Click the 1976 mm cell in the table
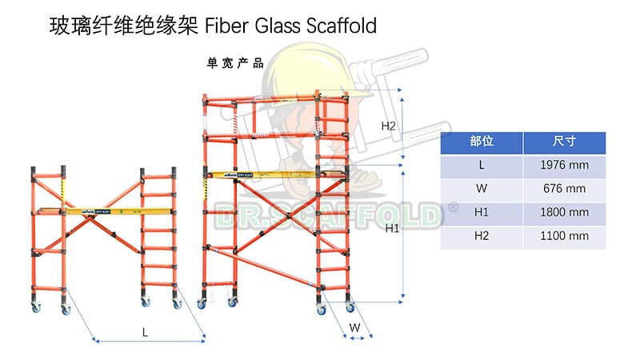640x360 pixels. [x=564, y=165]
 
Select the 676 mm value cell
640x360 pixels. [x=564, y=189]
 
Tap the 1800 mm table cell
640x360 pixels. [x=564, y=212]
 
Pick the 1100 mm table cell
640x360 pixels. [x=564, y=236]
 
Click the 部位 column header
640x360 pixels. [x=482, y=142]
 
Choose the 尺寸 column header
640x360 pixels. [x=564, y=142]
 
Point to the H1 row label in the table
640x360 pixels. [x=482, y=212]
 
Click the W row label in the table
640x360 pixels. [x=482, y=189]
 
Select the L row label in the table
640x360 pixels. [x=482, y=165]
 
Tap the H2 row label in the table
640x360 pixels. [x=482, y=236]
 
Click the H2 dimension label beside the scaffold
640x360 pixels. [x=389, y=126]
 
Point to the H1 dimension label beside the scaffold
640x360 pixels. [x=393, y=229]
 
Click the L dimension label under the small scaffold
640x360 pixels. [x=145, y=330]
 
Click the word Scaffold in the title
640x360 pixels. [x=341, y=26]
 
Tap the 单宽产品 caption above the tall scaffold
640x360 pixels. [x=235, y=63]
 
